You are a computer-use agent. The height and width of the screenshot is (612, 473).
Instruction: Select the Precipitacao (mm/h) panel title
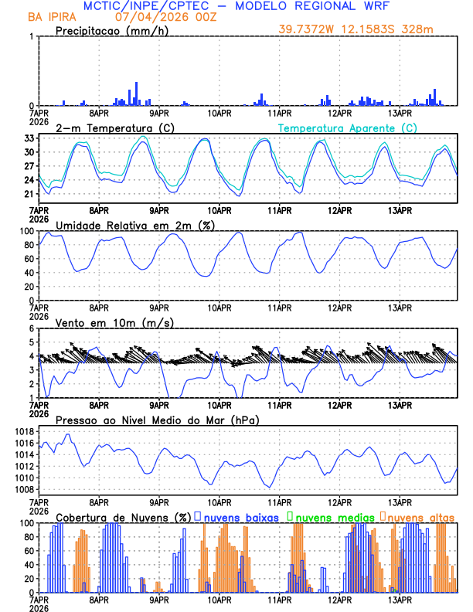point(107,30)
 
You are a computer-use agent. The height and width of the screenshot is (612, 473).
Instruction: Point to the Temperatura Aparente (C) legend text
point(348,127)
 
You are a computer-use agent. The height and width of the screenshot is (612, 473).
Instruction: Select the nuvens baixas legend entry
point(240,517)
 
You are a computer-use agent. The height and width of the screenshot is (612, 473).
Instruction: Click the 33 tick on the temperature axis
point(29,138)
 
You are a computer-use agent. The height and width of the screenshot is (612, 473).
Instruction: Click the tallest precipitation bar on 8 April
point(136,93)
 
